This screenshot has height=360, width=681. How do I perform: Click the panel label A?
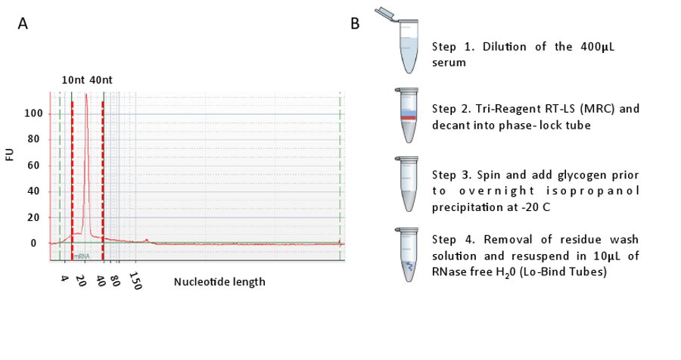[23, 24]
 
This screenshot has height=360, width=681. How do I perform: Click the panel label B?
[355, 24]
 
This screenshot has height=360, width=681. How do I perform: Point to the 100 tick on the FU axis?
[33, 114]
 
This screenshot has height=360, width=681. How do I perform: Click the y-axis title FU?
[10, 155]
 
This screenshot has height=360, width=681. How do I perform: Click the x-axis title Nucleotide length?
[219, 282]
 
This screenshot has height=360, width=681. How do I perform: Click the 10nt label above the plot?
[73, 79]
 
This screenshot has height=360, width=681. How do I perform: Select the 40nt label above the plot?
[102, 79]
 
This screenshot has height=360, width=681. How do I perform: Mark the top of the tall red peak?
[86, 95]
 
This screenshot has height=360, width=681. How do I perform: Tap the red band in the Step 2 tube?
[407, 119]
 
